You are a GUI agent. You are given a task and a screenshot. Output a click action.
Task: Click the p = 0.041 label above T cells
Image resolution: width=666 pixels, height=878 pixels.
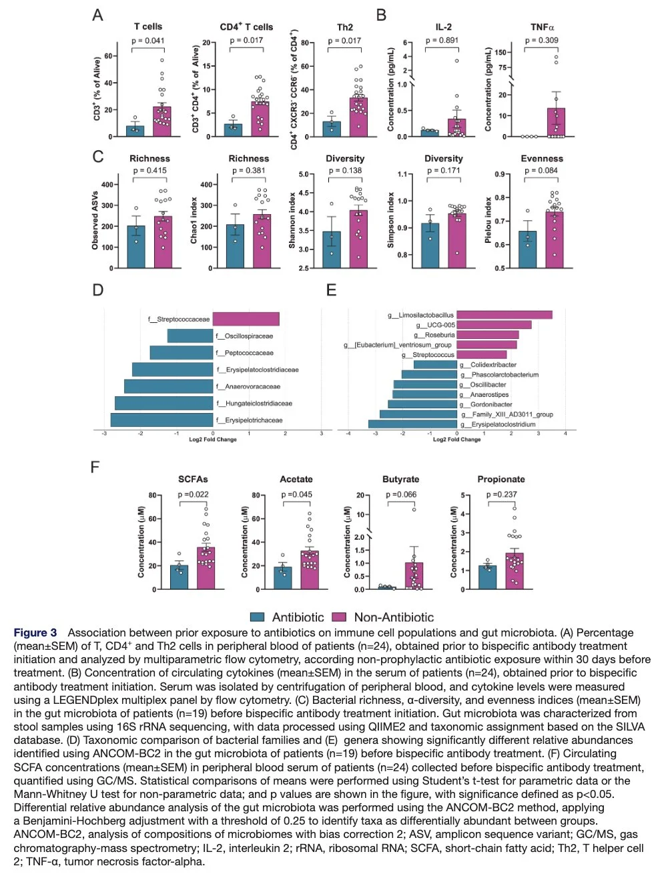tap(147, 41)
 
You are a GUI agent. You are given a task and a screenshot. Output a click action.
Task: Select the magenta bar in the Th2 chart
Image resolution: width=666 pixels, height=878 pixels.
tap(358, 117)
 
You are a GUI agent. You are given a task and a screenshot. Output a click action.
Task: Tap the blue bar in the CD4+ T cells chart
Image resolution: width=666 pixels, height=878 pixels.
tap(233, 129)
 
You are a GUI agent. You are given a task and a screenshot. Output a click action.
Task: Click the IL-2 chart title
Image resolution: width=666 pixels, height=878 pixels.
tap(443, 27)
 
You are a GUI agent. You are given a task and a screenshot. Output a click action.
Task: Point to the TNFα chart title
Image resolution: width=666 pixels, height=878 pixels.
tap(542, 27)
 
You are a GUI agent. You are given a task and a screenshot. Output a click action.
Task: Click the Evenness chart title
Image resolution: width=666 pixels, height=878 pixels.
tap(542, 159)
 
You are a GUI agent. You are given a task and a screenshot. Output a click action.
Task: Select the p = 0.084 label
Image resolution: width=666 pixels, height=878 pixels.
tap(541, 171)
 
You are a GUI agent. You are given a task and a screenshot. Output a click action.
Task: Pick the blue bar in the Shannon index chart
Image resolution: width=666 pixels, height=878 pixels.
tap(332, 250)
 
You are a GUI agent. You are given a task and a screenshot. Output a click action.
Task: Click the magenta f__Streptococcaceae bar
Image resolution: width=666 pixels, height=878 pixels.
tap(246, 319)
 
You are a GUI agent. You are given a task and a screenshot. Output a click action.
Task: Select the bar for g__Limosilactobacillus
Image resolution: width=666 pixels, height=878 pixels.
tap(505, 315)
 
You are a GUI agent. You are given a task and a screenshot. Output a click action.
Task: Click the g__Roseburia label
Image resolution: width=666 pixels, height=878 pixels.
tap(434, 335)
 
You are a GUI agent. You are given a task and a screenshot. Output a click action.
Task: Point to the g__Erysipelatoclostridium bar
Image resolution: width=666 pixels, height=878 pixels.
tap(412, 424)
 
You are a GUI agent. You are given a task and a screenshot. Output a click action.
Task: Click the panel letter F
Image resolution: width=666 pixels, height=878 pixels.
tap(95, 467)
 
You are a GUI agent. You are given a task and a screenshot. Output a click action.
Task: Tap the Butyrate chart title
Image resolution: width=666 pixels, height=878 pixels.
tap(400, 479)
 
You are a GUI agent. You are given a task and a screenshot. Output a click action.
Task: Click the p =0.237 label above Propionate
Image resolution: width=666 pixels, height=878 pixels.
tap(501, 494)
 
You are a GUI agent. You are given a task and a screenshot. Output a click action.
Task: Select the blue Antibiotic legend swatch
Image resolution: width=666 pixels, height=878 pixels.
tap(257, 617)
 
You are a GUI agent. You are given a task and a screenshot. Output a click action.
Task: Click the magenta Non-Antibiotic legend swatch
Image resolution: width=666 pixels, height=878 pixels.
tap(339, 617)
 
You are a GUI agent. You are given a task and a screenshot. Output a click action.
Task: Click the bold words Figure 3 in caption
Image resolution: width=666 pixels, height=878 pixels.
tap(35, 632)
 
